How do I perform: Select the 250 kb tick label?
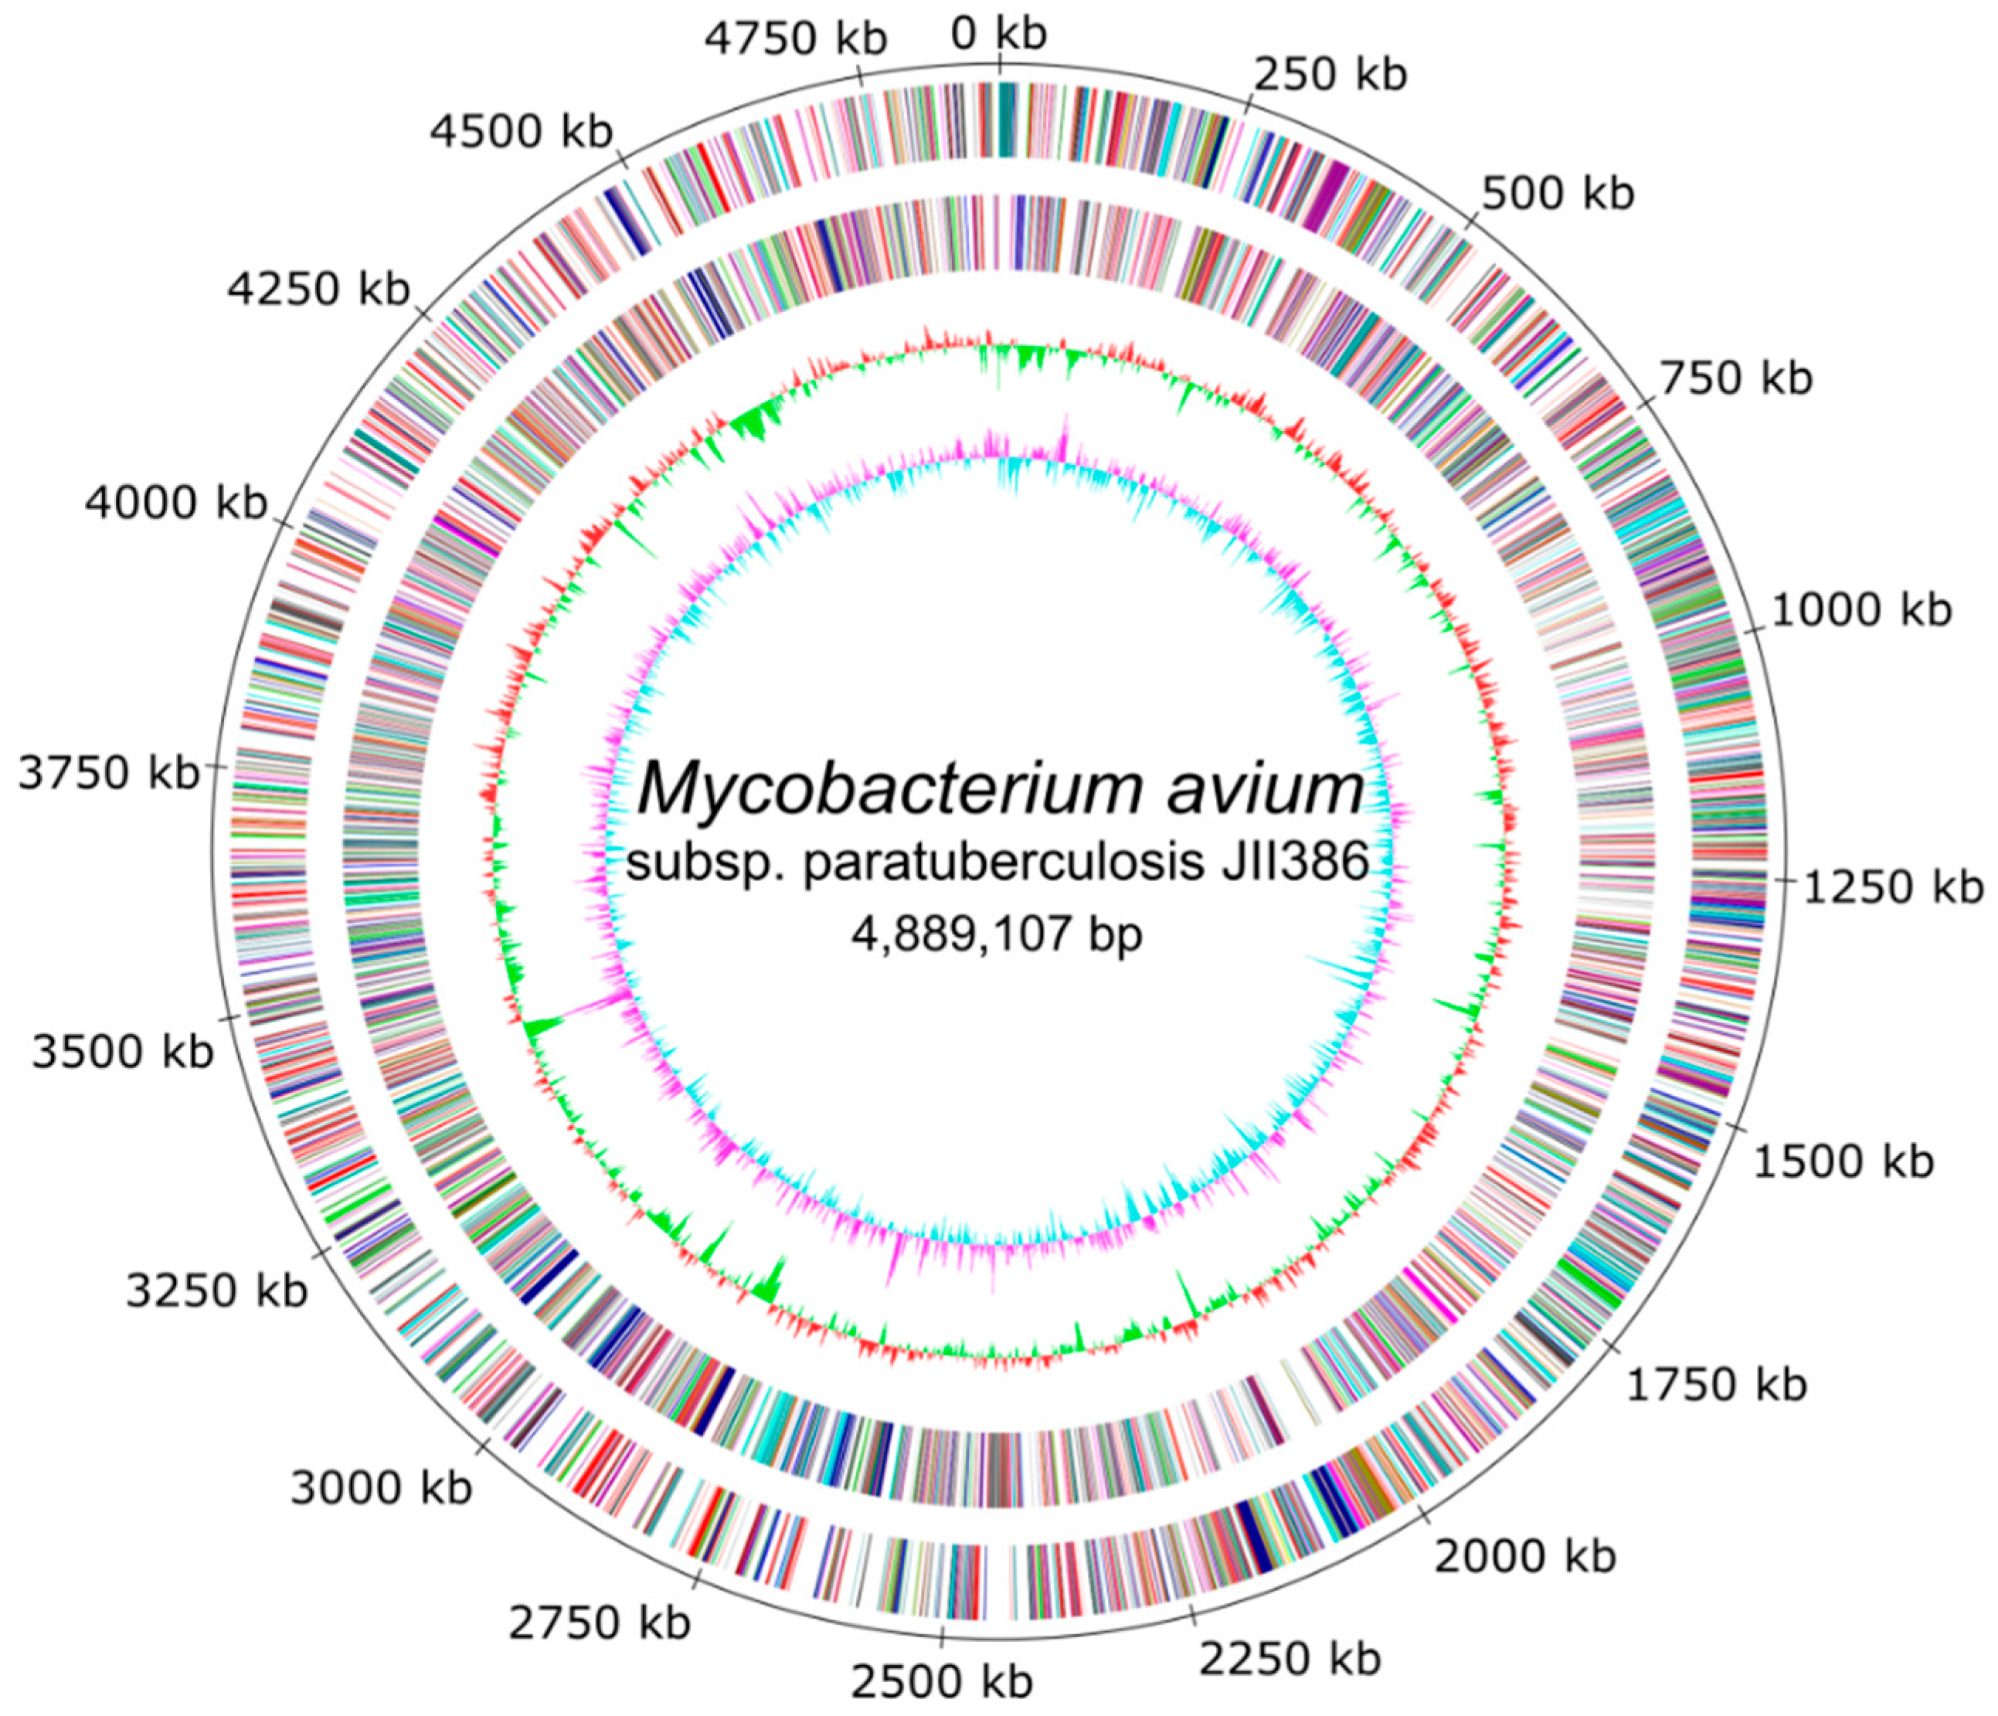point(1330,74)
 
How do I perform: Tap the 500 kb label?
point(1558,194)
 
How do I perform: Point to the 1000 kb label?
point(1861,610)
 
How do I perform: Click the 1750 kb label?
point(1717,1385)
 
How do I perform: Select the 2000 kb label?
point(1524,1556)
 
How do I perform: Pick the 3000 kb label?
point(381,1488)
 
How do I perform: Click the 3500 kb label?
point(123,1051)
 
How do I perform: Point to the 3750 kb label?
point(109,773)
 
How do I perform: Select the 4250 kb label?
point(318,288)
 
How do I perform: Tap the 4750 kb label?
point(796,39)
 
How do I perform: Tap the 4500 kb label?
point(521,131)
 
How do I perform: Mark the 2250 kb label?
point(1290,1659)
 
